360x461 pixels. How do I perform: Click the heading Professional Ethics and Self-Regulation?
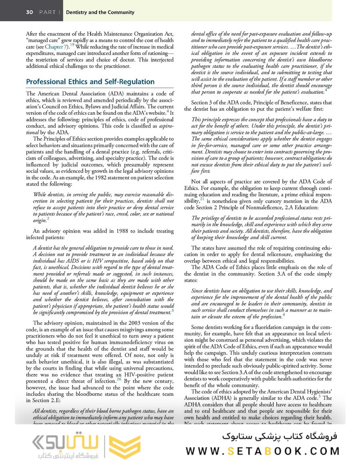coord(90,82)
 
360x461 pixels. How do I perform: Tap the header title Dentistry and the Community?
coord(100,12)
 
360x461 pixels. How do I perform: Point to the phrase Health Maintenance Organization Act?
coord(120,33)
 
